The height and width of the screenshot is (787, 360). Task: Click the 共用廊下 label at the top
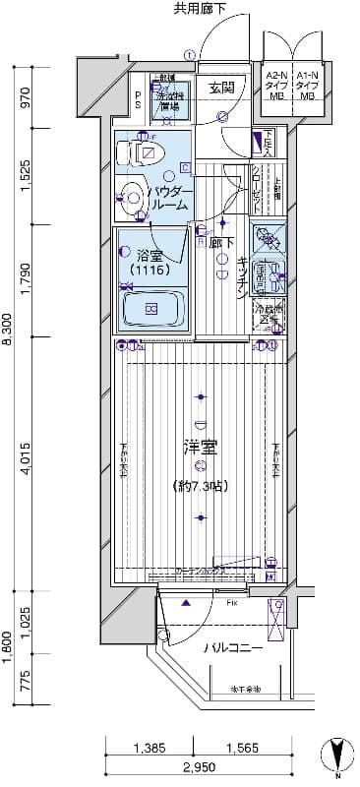pyautogui.click(x=200, y=10)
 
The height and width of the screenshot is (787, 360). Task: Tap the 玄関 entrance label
pyautogui.click(x=221, y=87)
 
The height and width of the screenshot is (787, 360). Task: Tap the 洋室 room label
pyautogui.click(x=201, y=448)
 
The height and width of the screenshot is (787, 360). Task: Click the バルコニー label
pyautogui.click(x=233, y=649)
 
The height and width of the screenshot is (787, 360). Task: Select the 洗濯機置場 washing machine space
pyautogui.click(x=168, y=98)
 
